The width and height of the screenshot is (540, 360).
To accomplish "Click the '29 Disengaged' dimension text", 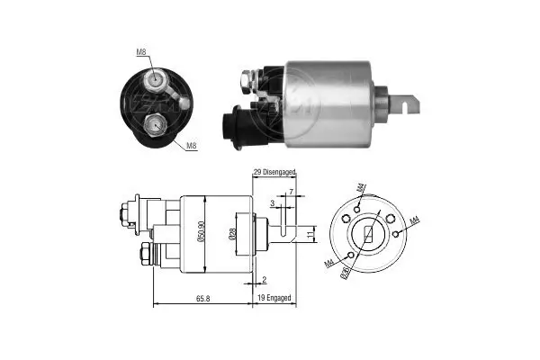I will click(x=274, y=171).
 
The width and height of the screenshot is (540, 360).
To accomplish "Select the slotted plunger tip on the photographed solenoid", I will click(x=409, y=103).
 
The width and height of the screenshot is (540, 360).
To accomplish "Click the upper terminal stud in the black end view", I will click(x=157, y=80).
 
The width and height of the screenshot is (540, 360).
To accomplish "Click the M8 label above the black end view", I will click(x=141, y=52).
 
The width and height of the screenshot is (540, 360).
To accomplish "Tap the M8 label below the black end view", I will click(x=192, y=146).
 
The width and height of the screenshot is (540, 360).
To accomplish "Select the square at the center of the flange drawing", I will click(x=368, y=236).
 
